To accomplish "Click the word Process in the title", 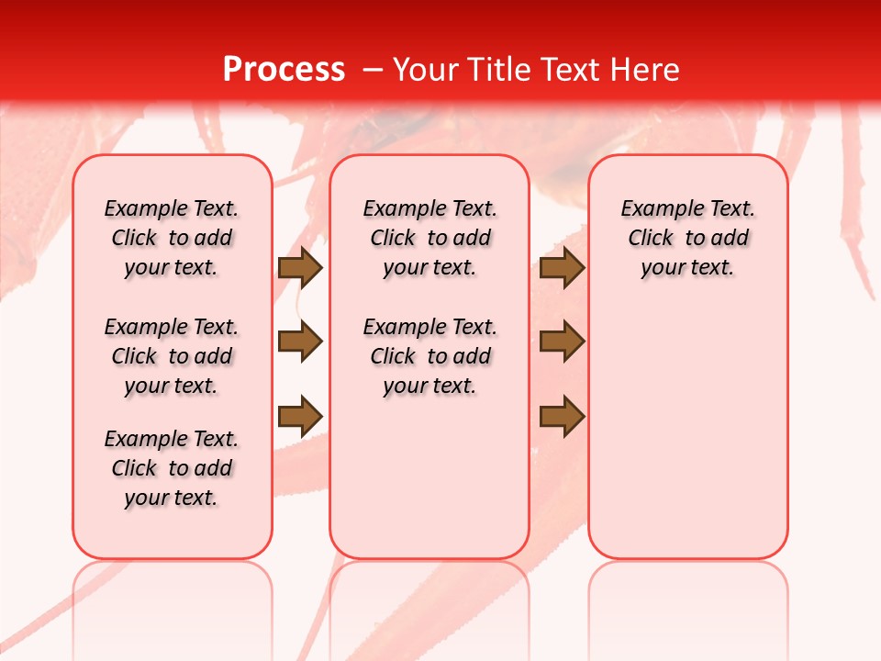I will [284, 70].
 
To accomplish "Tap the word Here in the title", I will [647, 70].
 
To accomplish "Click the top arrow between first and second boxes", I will [300, 267].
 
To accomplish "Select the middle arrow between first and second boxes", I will [300, 342].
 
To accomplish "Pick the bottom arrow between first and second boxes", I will [300, 416].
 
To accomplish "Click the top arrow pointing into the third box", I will [562, 267].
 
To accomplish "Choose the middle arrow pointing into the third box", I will [562, 342].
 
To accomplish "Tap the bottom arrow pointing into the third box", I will [562, 416].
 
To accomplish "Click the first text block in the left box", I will [172, 238].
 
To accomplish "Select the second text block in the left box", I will [172, 356].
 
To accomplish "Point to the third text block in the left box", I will [172, 468].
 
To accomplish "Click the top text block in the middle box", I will [429, 238].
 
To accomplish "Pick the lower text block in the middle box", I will [429, 356].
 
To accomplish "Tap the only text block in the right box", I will [687, 238].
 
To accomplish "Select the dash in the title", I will [372, 70].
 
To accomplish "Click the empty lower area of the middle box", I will [429, 477].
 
